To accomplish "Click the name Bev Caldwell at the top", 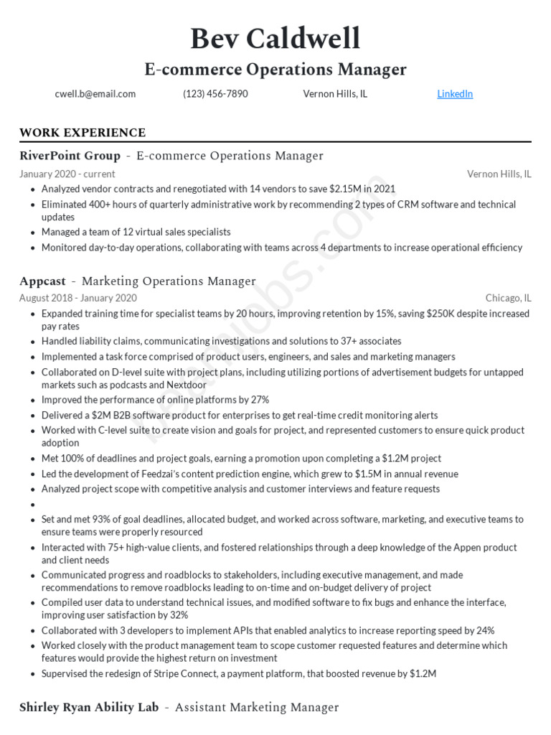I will click(x=275, y=39).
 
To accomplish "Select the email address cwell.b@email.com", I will click(x=95, y=94).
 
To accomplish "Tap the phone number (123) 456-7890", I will click(x=215, y=94).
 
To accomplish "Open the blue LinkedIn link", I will click(x=455, y=94).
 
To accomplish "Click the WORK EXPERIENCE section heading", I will click(x=83, y=133).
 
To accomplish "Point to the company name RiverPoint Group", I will click(x=70, y=156).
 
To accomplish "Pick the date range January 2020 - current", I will click(x=67, y=174).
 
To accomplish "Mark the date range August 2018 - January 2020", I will click(x=77, y=298).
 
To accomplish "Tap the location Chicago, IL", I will click(x=508, y=298).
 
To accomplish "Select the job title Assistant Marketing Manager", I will click(x=257, y=708).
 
